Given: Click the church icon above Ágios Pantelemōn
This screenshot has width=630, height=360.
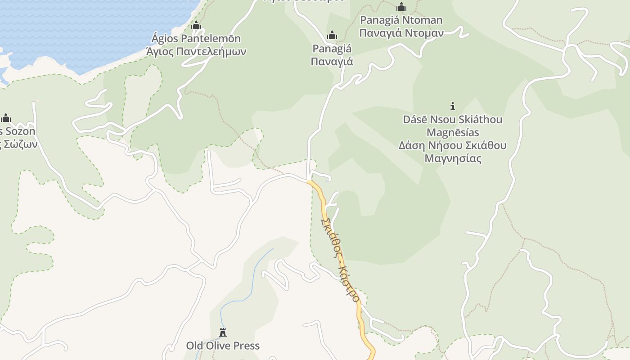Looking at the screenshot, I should click(x=196, y=25).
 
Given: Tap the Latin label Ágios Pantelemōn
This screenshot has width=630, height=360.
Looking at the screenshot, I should click(x=196, y=39).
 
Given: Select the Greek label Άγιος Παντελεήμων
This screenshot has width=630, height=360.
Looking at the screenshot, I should click(x=196, y=51).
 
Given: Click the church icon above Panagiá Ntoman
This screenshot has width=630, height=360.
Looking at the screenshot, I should click(x=401, y=7).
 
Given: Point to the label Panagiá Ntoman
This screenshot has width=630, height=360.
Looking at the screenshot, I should click(x=401, y=20).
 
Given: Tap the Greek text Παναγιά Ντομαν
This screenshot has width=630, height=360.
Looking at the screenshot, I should click(x=401, y=33).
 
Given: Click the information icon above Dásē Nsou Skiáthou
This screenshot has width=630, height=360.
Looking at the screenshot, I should click(x=453, y=106).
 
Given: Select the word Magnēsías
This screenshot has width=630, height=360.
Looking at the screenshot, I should click(x=453, y=133).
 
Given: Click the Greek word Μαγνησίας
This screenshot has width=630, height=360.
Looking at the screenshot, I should click(x=453, y=158).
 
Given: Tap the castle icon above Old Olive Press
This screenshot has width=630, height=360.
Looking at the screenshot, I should click(x=223, y=333).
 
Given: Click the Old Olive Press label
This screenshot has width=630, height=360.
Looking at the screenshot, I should click(x=223, y=346).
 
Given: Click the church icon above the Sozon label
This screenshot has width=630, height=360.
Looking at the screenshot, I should click(x=6, y=118).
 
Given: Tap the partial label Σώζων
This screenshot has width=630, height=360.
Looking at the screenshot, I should click(x=21, y=144).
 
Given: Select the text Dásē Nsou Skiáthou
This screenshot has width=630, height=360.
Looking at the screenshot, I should click(x=453, y=120).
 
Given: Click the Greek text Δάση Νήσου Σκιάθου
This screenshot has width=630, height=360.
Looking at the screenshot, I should click(x=453, y=145).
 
